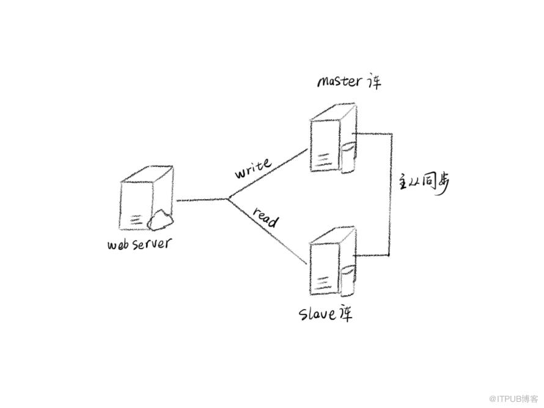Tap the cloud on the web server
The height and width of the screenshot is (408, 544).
pos(160,220)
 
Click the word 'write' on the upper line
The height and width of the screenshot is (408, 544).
pos(253,168)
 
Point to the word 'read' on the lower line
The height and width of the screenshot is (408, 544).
pos(265,216)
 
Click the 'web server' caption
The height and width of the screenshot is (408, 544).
pos(139,244)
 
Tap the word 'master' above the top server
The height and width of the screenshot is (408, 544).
pos(339,81)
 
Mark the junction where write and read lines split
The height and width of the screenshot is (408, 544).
pos(228,199)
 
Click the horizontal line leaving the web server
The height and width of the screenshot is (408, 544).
pos(202,200)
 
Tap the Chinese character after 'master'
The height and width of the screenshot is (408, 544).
pos(373,81)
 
